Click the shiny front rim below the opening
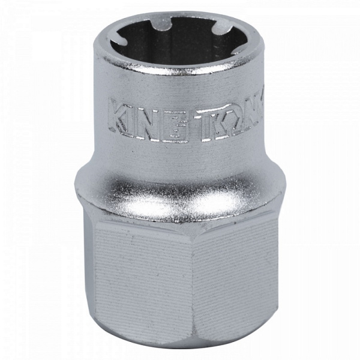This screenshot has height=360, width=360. pos(180,75)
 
